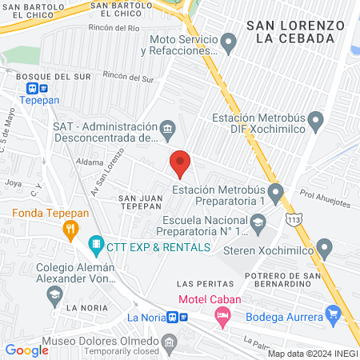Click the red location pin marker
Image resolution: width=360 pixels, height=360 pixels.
tap(180, 164)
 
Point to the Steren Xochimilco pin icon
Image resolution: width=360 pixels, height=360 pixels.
tap(324, 247)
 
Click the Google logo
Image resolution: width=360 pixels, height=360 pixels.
tap(26, 350)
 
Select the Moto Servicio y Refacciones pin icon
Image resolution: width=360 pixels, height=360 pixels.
tap(229, 41)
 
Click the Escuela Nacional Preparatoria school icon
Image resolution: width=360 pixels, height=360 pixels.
tap(258, 228)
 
